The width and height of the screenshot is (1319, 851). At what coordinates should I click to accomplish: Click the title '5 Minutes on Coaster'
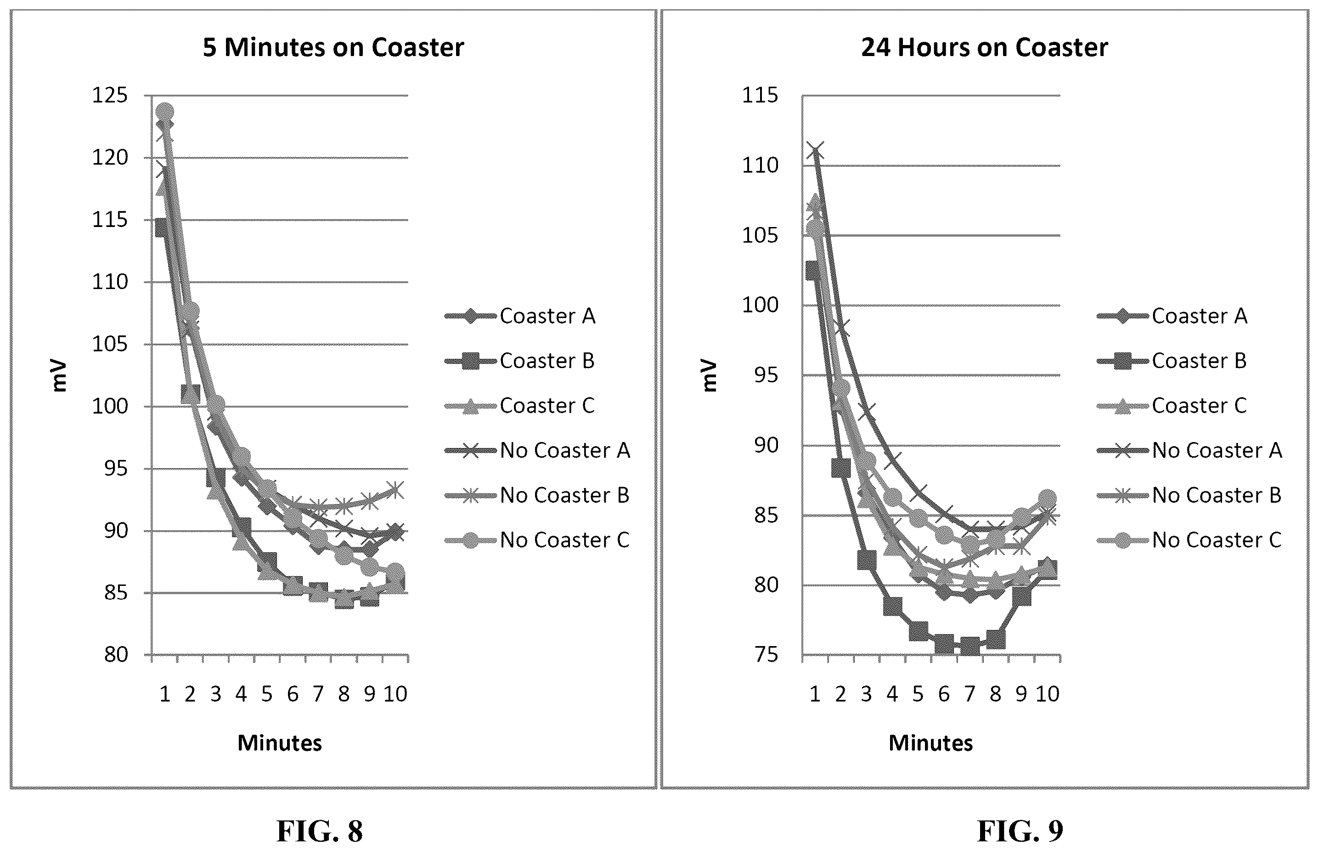tap(333, 47)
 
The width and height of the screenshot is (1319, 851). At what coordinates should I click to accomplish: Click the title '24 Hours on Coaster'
tap(984, 47)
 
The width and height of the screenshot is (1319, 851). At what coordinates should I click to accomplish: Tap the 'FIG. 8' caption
tap(320, 831)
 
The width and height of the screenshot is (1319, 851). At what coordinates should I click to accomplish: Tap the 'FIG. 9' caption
tap(1020, 831)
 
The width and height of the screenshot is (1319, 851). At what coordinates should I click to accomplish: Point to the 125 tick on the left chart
tap(109, 96)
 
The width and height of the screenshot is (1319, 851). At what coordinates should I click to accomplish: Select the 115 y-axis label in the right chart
tap(760, 96)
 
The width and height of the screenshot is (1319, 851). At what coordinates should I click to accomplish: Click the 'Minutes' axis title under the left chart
tap(280, 743)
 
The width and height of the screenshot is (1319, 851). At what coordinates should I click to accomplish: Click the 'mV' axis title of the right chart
tap(709, 376)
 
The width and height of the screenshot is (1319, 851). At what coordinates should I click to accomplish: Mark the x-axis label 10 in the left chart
tap(395, 693)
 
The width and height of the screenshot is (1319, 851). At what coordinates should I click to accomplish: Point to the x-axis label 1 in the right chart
tap(815, 693)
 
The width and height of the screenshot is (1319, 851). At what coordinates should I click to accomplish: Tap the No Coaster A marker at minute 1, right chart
tap(815, 150)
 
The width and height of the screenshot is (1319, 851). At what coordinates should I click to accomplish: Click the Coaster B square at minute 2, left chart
tap(190, 394)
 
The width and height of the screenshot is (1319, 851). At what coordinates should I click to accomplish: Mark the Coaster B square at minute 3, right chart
tap(866, 559)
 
